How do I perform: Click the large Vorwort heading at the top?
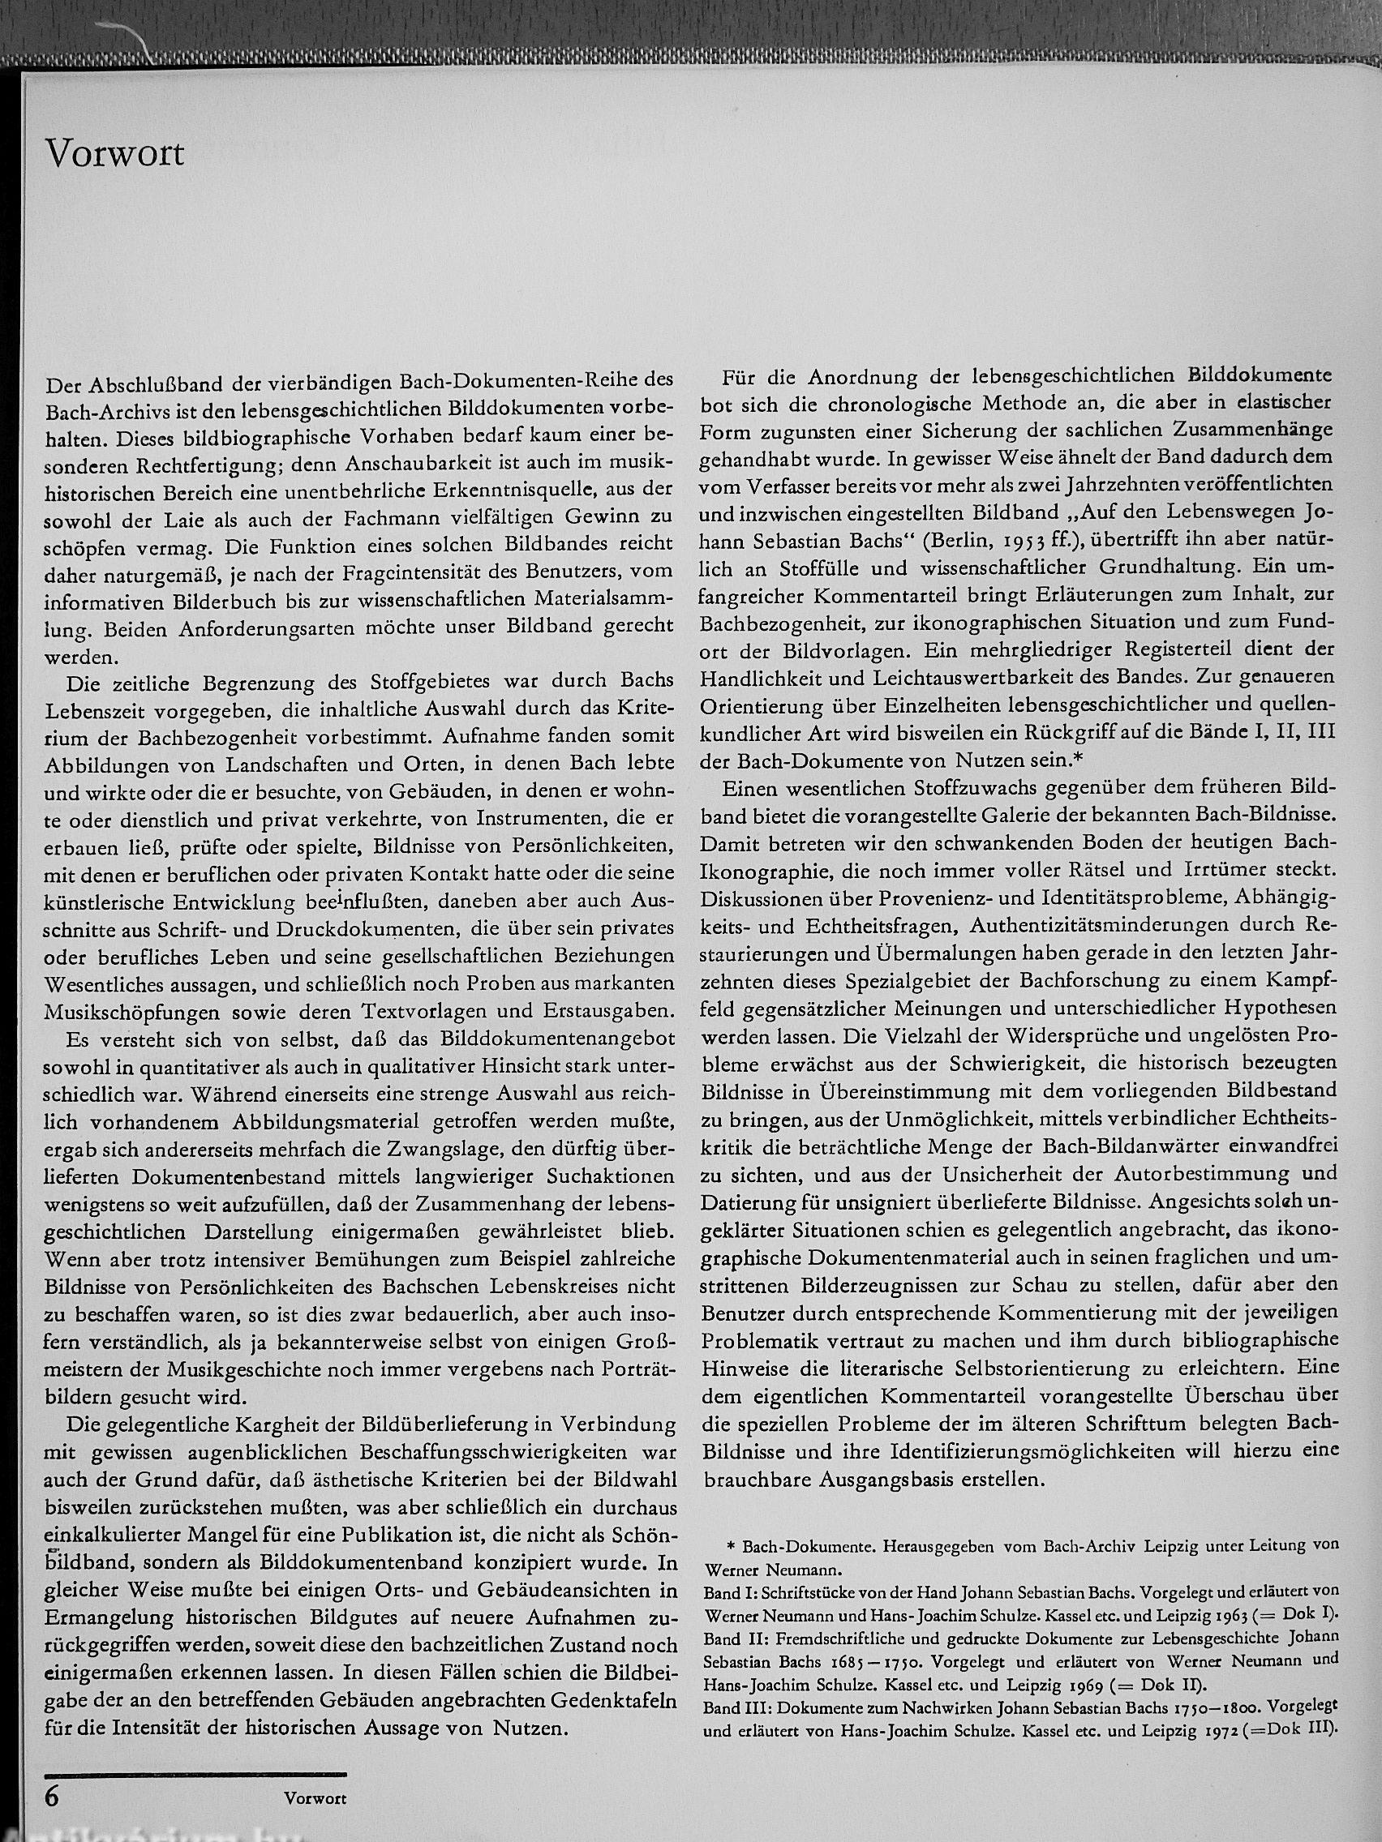coord(115,154)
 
